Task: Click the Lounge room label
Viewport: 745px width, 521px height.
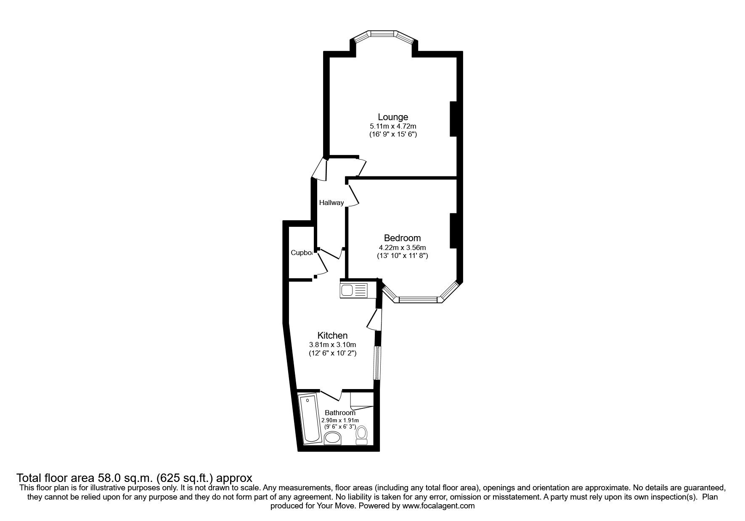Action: tap(392, 117)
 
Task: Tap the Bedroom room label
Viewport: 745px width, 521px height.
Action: tap(402, 238)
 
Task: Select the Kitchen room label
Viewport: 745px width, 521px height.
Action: tap(332, 335)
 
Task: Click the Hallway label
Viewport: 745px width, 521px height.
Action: tap(331, 203)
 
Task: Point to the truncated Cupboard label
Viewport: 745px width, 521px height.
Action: tap(302, 253)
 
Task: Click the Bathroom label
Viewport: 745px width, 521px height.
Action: tap(340, 413)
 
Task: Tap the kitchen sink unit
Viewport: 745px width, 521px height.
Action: tap(353, 290)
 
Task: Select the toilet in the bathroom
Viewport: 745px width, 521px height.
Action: tap(362, 435)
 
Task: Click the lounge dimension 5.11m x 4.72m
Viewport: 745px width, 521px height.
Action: tap(392, 126)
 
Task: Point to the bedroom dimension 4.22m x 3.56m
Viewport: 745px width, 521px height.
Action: tap(402, 247)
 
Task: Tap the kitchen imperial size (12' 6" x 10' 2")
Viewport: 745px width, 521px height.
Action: tap(332, 353)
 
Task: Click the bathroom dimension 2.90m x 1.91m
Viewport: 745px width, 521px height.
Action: tap(340, 420)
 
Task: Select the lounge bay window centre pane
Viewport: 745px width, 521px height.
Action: tap(382, 32)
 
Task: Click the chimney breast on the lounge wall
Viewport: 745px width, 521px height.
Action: tap(453, 118)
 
